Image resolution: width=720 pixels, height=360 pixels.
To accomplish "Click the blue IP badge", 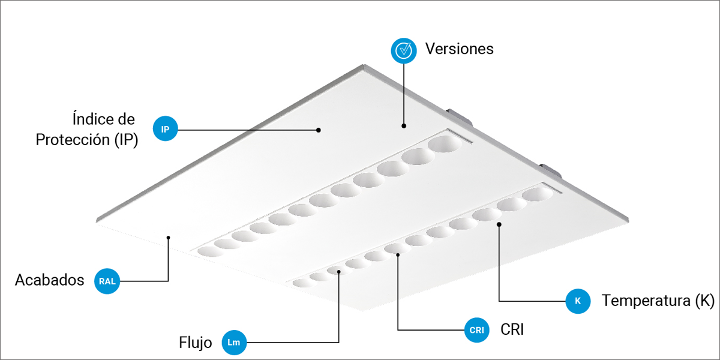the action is coord(165,128).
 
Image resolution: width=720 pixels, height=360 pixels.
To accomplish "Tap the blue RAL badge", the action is coord(107,281).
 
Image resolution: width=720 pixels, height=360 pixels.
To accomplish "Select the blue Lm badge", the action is coord(234,343).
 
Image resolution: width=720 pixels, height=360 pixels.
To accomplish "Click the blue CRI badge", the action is coord(476,330).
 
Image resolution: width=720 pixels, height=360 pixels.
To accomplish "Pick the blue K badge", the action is coord(578,301).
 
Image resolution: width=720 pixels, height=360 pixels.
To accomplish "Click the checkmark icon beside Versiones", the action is coord(404,50).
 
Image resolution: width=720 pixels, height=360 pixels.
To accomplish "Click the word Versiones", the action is coord(460,49).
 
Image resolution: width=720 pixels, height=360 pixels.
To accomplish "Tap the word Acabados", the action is coord(49,280).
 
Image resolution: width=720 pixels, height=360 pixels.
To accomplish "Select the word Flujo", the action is coord(196,343).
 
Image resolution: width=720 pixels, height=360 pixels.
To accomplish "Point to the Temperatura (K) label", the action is coord(658,301).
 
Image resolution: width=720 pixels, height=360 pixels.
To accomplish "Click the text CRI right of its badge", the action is coord(512,329).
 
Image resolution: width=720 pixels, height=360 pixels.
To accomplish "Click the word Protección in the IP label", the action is coord(73,140).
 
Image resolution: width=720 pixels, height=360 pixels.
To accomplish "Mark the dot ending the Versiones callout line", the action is coord(404,126).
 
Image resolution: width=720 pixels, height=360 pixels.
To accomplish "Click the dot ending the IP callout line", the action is coord(318,130).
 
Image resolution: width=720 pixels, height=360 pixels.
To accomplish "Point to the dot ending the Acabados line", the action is coord(168,238).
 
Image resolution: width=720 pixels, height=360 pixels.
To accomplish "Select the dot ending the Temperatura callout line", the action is coord(499,224).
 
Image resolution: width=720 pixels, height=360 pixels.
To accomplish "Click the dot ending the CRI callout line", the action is coord(398,255).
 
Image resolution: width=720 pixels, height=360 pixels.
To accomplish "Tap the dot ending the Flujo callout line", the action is coord(339,272).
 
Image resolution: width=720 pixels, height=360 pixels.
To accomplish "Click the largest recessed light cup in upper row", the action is coord(445,143).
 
